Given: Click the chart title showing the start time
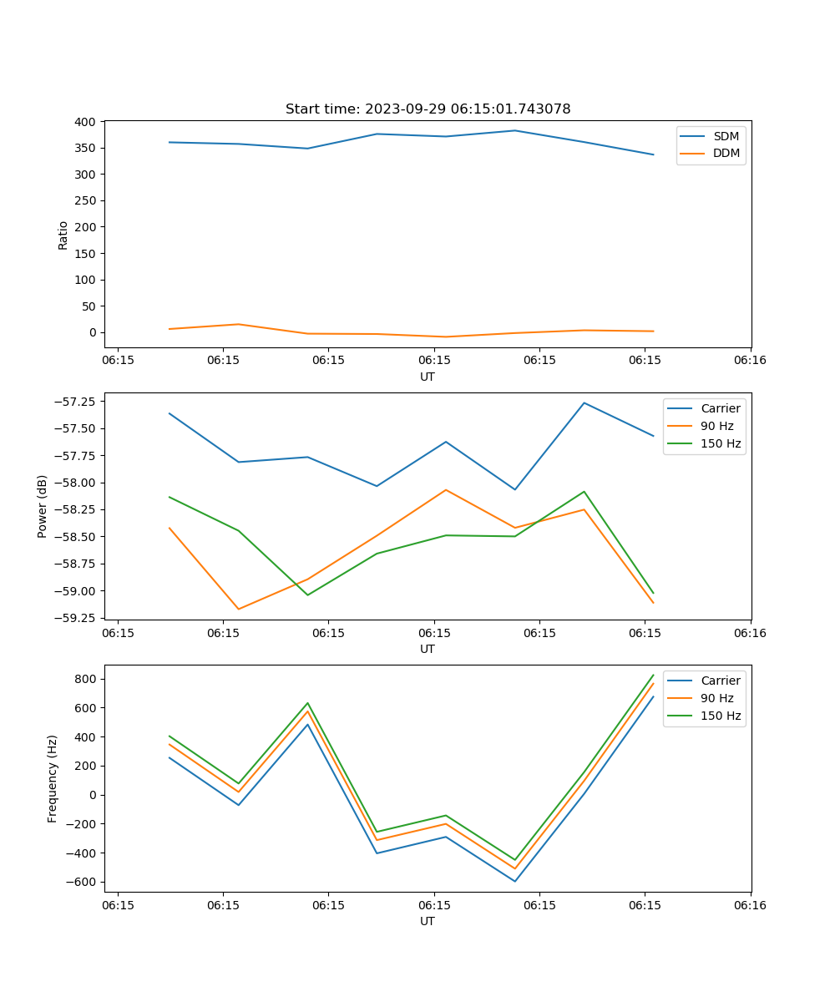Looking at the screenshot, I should [428, 109].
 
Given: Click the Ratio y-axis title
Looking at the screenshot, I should [63, 235].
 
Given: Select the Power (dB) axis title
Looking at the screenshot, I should [43, 506].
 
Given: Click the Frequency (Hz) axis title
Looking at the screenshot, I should [53, 778].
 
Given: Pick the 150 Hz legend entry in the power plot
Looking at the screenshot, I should [721, 443].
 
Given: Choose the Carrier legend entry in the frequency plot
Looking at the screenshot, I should [720, 681].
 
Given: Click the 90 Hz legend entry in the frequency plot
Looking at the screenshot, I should [716, 698].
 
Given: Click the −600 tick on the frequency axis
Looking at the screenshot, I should [83, 882].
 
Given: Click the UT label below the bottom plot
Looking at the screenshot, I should [428, 921].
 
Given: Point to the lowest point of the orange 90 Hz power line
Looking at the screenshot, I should [239, 609].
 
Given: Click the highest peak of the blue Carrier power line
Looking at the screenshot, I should [584, 403].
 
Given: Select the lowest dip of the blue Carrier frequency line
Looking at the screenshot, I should [515, 881].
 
